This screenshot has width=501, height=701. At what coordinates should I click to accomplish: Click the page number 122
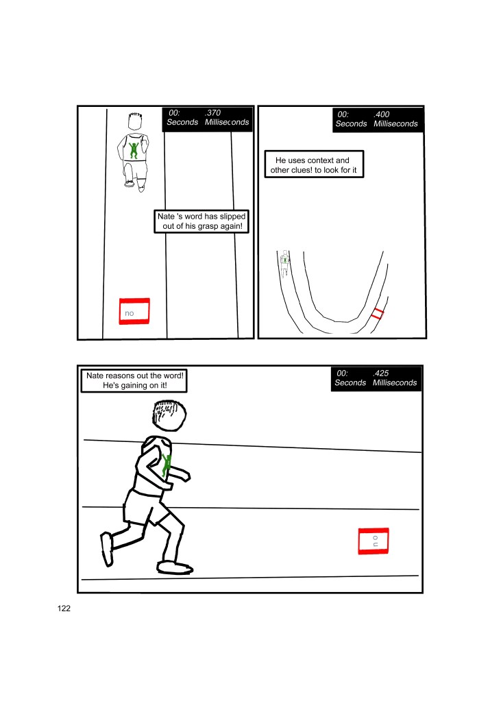pos(64,608)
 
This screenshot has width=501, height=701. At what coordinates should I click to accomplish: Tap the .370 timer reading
pos(213,112)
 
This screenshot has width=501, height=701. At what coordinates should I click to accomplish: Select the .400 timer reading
pos(382,114)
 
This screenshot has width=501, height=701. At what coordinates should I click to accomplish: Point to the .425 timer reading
pos(380,373)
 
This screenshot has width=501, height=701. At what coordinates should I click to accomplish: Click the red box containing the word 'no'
pos(134,311)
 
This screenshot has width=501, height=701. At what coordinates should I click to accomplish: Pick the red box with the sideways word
pos(374,541)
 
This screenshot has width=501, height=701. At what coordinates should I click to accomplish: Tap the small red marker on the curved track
pos(377,313)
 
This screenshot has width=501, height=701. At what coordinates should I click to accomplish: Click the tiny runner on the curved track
pos(284,263)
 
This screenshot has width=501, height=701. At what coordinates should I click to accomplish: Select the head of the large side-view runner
pos(169,415)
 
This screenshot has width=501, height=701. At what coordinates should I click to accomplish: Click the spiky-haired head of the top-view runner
pos(135,121)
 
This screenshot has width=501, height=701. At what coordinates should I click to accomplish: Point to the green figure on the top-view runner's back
pos(133,150)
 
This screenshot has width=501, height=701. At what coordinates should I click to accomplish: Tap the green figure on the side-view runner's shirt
pos(167,465)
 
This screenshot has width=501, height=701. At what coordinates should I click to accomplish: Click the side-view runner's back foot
pos(106,549)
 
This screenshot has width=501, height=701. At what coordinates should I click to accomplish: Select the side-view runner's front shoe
pos(175,568)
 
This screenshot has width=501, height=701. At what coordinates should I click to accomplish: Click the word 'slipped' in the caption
pos(232,217)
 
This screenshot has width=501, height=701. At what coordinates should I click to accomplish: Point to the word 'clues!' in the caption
pos(302,170)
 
